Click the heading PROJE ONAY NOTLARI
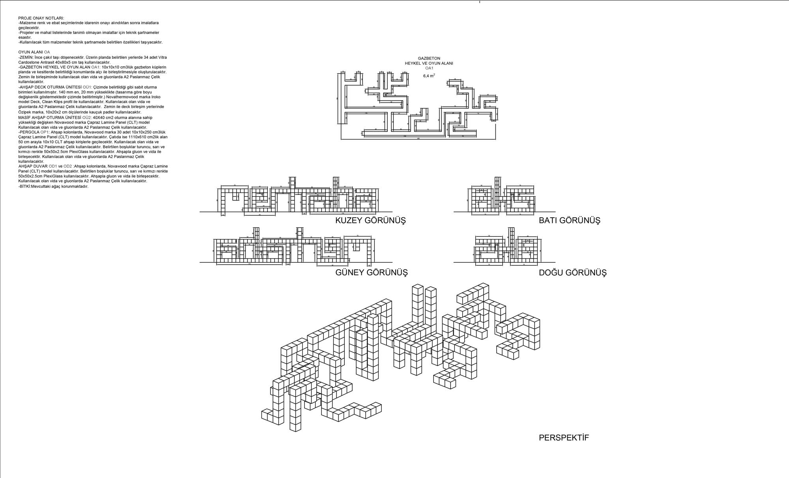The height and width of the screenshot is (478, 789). click(x=41, y=19)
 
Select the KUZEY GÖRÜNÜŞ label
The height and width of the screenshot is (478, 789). click(x=370, y=220)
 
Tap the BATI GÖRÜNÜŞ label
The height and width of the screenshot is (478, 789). click(x=569, y=220)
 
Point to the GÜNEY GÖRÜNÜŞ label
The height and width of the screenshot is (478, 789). click(x=371, y=273)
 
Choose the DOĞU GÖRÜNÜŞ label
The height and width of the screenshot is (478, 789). click(x=572, y=273)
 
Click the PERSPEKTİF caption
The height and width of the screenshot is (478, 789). click(x=564, y=438)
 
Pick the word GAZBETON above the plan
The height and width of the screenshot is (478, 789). click(x=429, y=58)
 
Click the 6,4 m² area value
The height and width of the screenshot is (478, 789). click(x=429, y=76)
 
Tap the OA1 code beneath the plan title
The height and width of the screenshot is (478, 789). click(x=429, y=68)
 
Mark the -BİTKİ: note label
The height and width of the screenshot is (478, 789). click(x=24, y=186)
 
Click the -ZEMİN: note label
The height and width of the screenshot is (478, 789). click(x=26, y=57)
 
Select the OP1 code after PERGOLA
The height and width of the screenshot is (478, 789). click(x=46, y=132)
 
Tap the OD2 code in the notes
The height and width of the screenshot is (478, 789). click(x=68, y=166)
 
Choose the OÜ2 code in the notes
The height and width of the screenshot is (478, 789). click(x=87, y=118)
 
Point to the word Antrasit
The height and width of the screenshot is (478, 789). click(x=46, y=62)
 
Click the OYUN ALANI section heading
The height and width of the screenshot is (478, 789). click(x=30, y=52)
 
